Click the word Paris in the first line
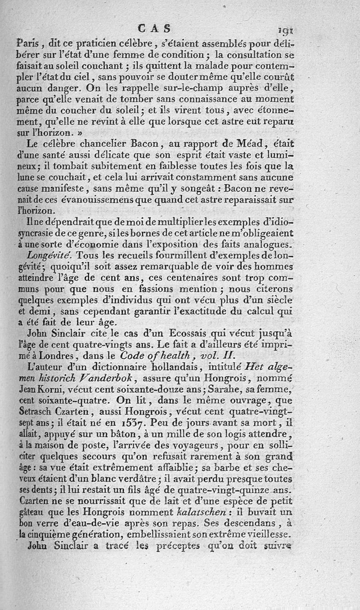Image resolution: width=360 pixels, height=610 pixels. point(28,45)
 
